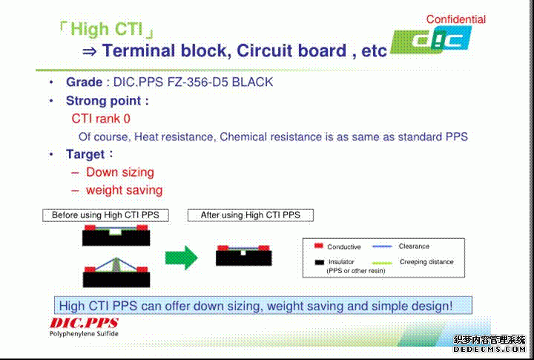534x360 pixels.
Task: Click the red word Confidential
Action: click(455, 19)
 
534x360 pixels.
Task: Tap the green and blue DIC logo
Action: click(431, 40)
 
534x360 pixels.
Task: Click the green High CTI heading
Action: click(107, 29)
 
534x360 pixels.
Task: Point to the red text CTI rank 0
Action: click(101, 119)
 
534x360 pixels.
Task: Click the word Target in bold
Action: click(85, 154)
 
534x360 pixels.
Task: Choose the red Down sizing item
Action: click(120, 172)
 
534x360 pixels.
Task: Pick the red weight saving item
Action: click(124, 190)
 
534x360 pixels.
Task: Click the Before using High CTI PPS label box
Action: click(105, 215)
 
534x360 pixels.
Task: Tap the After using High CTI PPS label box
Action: click(251, 215)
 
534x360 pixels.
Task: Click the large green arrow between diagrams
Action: click(182, 258)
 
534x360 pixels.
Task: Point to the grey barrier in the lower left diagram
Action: click(116, 266)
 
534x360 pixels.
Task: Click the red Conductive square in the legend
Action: click(319, 246)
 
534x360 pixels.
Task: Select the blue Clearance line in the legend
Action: click(382, 246)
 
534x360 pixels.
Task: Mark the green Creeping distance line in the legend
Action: click(382, 263)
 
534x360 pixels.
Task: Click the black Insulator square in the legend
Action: click(319, 262)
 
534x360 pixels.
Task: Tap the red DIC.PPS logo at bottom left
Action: click(84, 323)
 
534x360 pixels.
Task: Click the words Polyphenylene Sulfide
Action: click(84, 334)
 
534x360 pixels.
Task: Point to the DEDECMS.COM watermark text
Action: click(489, 349)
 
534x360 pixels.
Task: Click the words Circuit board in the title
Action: click(291, 50)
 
